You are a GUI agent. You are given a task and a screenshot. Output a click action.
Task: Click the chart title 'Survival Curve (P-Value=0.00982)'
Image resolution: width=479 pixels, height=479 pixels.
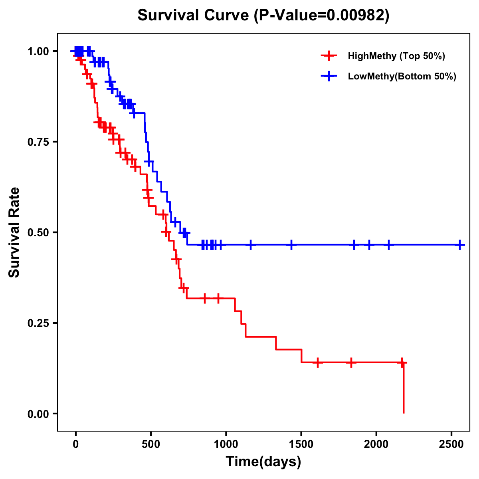(263, 15)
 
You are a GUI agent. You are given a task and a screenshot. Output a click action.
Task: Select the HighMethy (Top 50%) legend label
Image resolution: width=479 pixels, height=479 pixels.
(396, 56)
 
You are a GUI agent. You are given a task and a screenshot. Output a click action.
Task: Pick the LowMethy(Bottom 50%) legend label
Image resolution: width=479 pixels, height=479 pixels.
(402, 76)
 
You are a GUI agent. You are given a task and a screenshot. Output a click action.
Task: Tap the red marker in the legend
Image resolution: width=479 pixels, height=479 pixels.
(328, 56)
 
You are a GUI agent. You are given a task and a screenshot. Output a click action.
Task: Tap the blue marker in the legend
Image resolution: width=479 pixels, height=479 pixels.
(328, 76)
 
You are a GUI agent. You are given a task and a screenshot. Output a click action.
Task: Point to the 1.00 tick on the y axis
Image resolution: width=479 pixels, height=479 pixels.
(38, 51)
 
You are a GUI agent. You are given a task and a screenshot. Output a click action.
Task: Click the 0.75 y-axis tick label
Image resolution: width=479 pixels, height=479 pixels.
(38, 142)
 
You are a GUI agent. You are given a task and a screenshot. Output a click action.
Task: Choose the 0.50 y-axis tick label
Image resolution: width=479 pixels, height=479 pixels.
(38, 232)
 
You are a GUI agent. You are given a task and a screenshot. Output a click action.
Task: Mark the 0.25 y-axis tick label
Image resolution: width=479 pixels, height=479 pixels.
(38, 323)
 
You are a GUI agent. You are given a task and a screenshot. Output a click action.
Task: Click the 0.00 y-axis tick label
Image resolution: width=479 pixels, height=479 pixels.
(38, 414)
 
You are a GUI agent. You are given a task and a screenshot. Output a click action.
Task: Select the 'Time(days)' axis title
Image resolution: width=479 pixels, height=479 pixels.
(263, 462)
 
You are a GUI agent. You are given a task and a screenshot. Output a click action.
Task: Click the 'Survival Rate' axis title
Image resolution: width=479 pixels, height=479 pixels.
(14, 232)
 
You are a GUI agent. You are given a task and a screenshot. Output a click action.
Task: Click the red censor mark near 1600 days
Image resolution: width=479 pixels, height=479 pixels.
(317, 362)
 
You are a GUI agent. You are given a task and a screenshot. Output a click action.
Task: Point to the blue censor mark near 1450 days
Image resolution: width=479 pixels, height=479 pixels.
(291, 245)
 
